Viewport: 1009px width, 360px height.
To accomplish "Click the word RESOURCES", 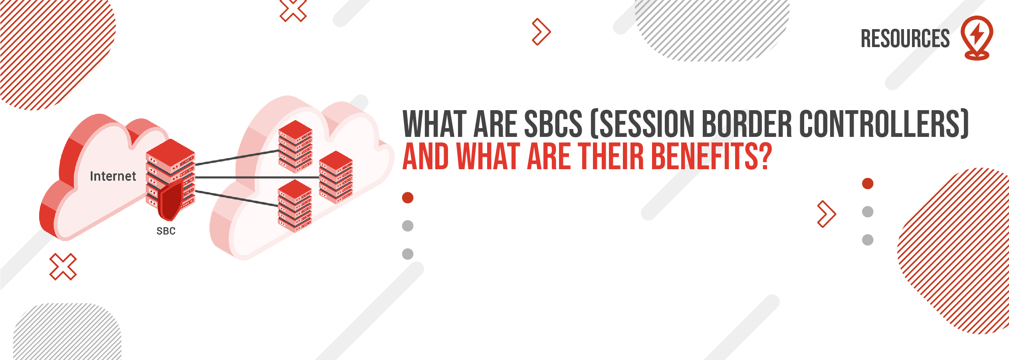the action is pyautogui.click(x=905, y=39).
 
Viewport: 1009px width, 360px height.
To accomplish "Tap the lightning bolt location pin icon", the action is pyautogui.click(x=977, y=38).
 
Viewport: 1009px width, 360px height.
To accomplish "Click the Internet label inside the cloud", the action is pyautogui.click(x=113, y=176).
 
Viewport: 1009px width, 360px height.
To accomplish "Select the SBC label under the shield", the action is pyautogui.click(x=166, y=231).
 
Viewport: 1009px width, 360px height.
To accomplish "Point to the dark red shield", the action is pyautogui.click(x=170, y=202).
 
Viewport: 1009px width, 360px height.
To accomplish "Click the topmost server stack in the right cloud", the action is pyautogui.click(x=295, y=146).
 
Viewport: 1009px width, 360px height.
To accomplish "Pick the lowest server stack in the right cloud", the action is pyautogui.click(x=295, y=206).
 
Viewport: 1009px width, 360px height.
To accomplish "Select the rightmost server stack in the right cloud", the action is pyautogui.click(x=336, y=177).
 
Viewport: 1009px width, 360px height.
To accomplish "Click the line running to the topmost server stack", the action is pyautogui.click(x=237, y=157).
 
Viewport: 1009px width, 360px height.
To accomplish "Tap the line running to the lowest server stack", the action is pyautogui.click(x=236, y=198).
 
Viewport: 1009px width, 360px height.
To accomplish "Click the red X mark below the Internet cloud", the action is pyautogui.click(x=63, y=267).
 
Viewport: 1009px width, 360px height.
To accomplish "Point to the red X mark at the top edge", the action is pyautogui.click(x=293, y=10).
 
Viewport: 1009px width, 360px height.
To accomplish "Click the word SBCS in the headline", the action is pyautogui.click(x=553, y=124).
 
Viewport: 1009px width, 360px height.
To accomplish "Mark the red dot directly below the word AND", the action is pyautogui.click(x=408, y=198).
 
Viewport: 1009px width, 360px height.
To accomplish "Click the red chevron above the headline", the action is pyautogui.click(x=542, y=32).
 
